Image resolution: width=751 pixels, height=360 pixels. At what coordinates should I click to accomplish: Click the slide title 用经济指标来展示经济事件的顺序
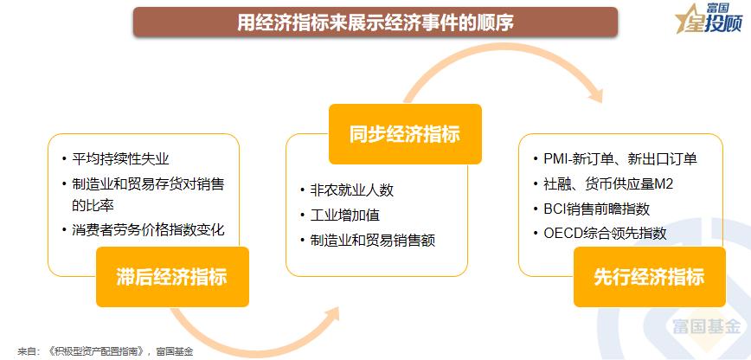[375, 22]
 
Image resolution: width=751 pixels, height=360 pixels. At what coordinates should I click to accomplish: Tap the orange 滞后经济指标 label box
[171, 277]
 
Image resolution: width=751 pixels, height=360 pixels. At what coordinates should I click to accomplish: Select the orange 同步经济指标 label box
[404, 134]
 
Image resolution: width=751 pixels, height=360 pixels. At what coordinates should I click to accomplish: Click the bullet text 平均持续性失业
[120, 159]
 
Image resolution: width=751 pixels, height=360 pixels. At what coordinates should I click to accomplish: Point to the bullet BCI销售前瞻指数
[597, 209]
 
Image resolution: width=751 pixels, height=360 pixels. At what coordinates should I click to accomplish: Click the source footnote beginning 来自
[105, 351]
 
